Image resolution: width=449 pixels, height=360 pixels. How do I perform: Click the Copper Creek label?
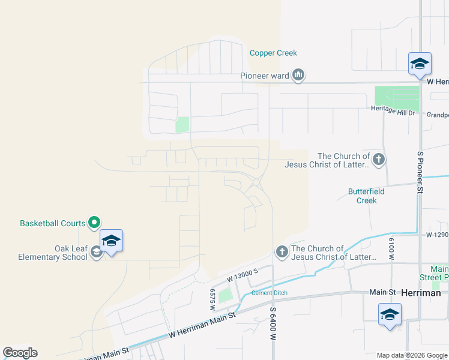(273, 53)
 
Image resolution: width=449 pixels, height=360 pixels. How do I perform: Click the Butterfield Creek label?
(362, 196)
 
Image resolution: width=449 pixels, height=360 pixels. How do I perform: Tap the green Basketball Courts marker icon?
(94, 223)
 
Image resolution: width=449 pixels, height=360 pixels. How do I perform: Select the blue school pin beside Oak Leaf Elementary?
(111, 241)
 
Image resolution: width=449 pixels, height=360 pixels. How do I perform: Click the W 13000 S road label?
(242, 276)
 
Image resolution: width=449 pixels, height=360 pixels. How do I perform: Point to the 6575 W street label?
(212, 299)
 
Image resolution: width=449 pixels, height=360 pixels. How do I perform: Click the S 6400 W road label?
(273, 325)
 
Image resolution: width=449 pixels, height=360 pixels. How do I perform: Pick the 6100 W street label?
(391, 248)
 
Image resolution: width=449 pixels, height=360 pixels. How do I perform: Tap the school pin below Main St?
(390, 314)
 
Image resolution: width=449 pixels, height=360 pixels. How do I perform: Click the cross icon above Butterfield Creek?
(378, 160)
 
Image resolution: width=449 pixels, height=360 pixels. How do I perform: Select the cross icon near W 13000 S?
(282, 251)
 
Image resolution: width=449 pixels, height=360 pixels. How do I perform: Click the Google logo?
(20, 353)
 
